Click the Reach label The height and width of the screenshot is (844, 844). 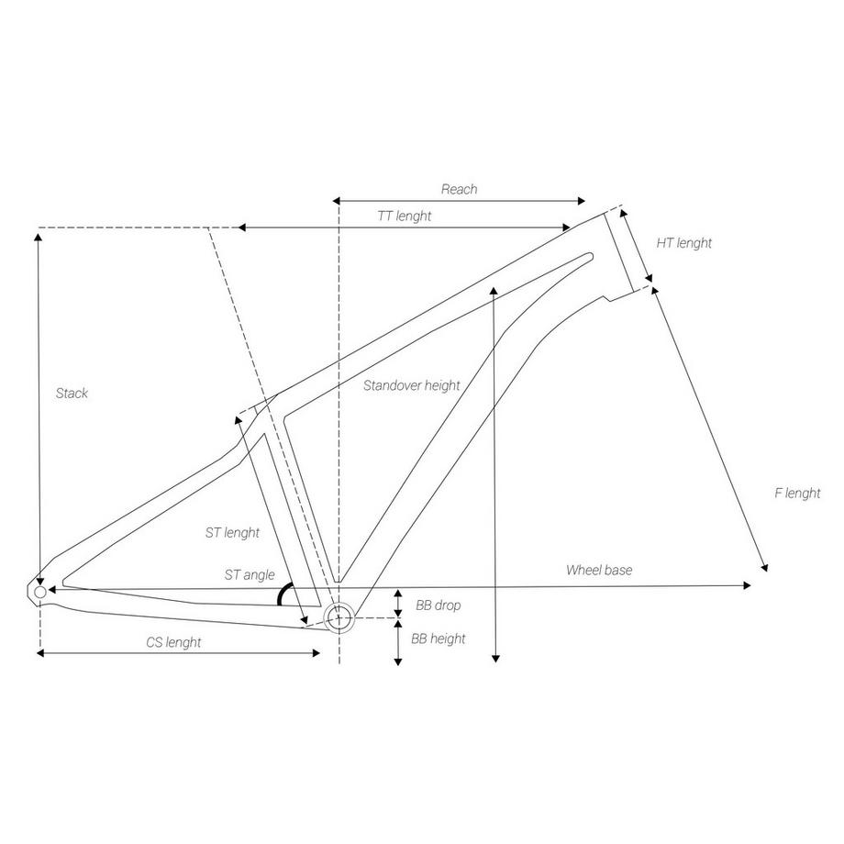point(459,189)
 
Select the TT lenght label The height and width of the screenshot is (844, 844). point(404,216)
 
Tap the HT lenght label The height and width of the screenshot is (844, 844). point(683,243)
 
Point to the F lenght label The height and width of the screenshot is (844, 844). point(797,493)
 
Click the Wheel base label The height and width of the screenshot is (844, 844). point(598,570)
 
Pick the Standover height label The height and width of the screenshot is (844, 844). point(411,385)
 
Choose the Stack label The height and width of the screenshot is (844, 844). point(72,394)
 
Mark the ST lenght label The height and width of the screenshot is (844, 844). point(232,532)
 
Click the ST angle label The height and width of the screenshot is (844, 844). point(250,575)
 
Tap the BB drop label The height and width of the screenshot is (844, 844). point(438,605)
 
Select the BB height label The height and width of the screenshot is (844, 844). point(438,639)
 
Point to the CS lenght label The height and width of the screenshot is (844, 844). point(173,642)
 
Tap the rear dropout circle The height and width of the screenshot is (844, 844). point(39,593)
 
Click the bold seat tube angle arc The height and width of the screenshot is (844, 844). point(284,594)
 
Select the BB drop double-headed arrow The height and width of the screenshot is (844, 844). point(398,604)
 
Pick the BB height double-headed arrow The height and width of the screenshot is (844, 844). point(398,642)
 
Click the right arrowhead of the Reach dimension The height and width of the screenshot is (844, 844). point(580,201)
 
